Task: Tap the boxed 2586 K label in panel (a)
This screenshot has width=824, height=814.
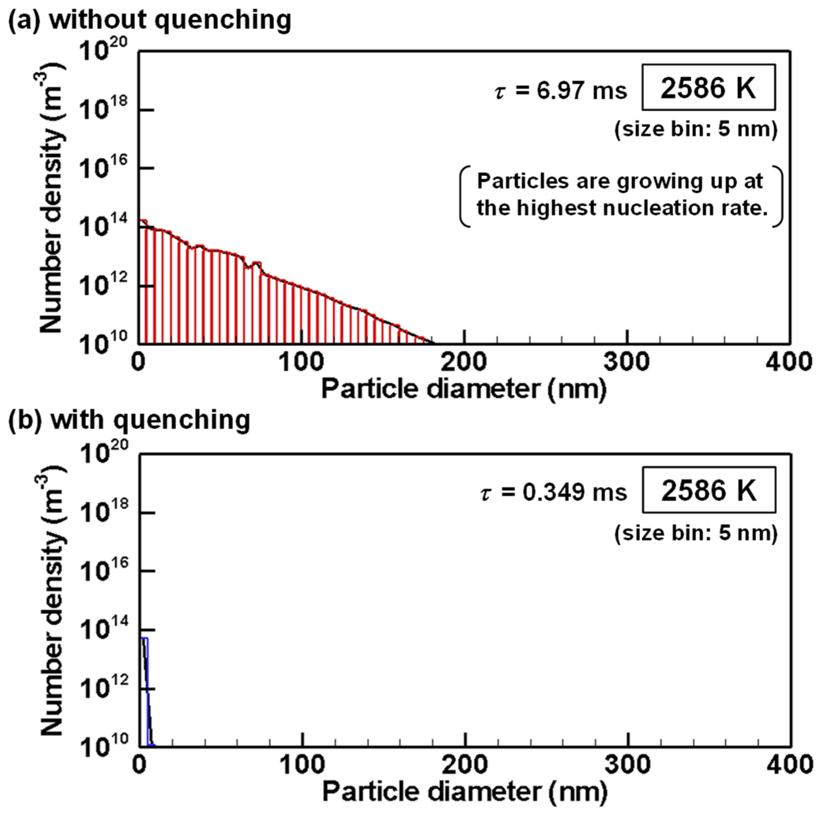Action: (x=708, y=88)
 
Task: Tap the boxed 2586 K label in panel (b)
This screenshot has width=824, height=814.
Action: (x=709, y=491)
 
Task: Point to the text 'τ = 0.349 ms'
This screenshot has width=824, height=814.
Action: (x=553, y=493)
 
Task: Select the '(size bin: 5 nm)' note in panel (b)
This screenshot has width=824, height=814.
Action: (x=696, y=533)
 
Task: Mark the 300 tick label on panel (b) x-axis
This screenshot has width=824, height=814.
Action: (x=628, y=765)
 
